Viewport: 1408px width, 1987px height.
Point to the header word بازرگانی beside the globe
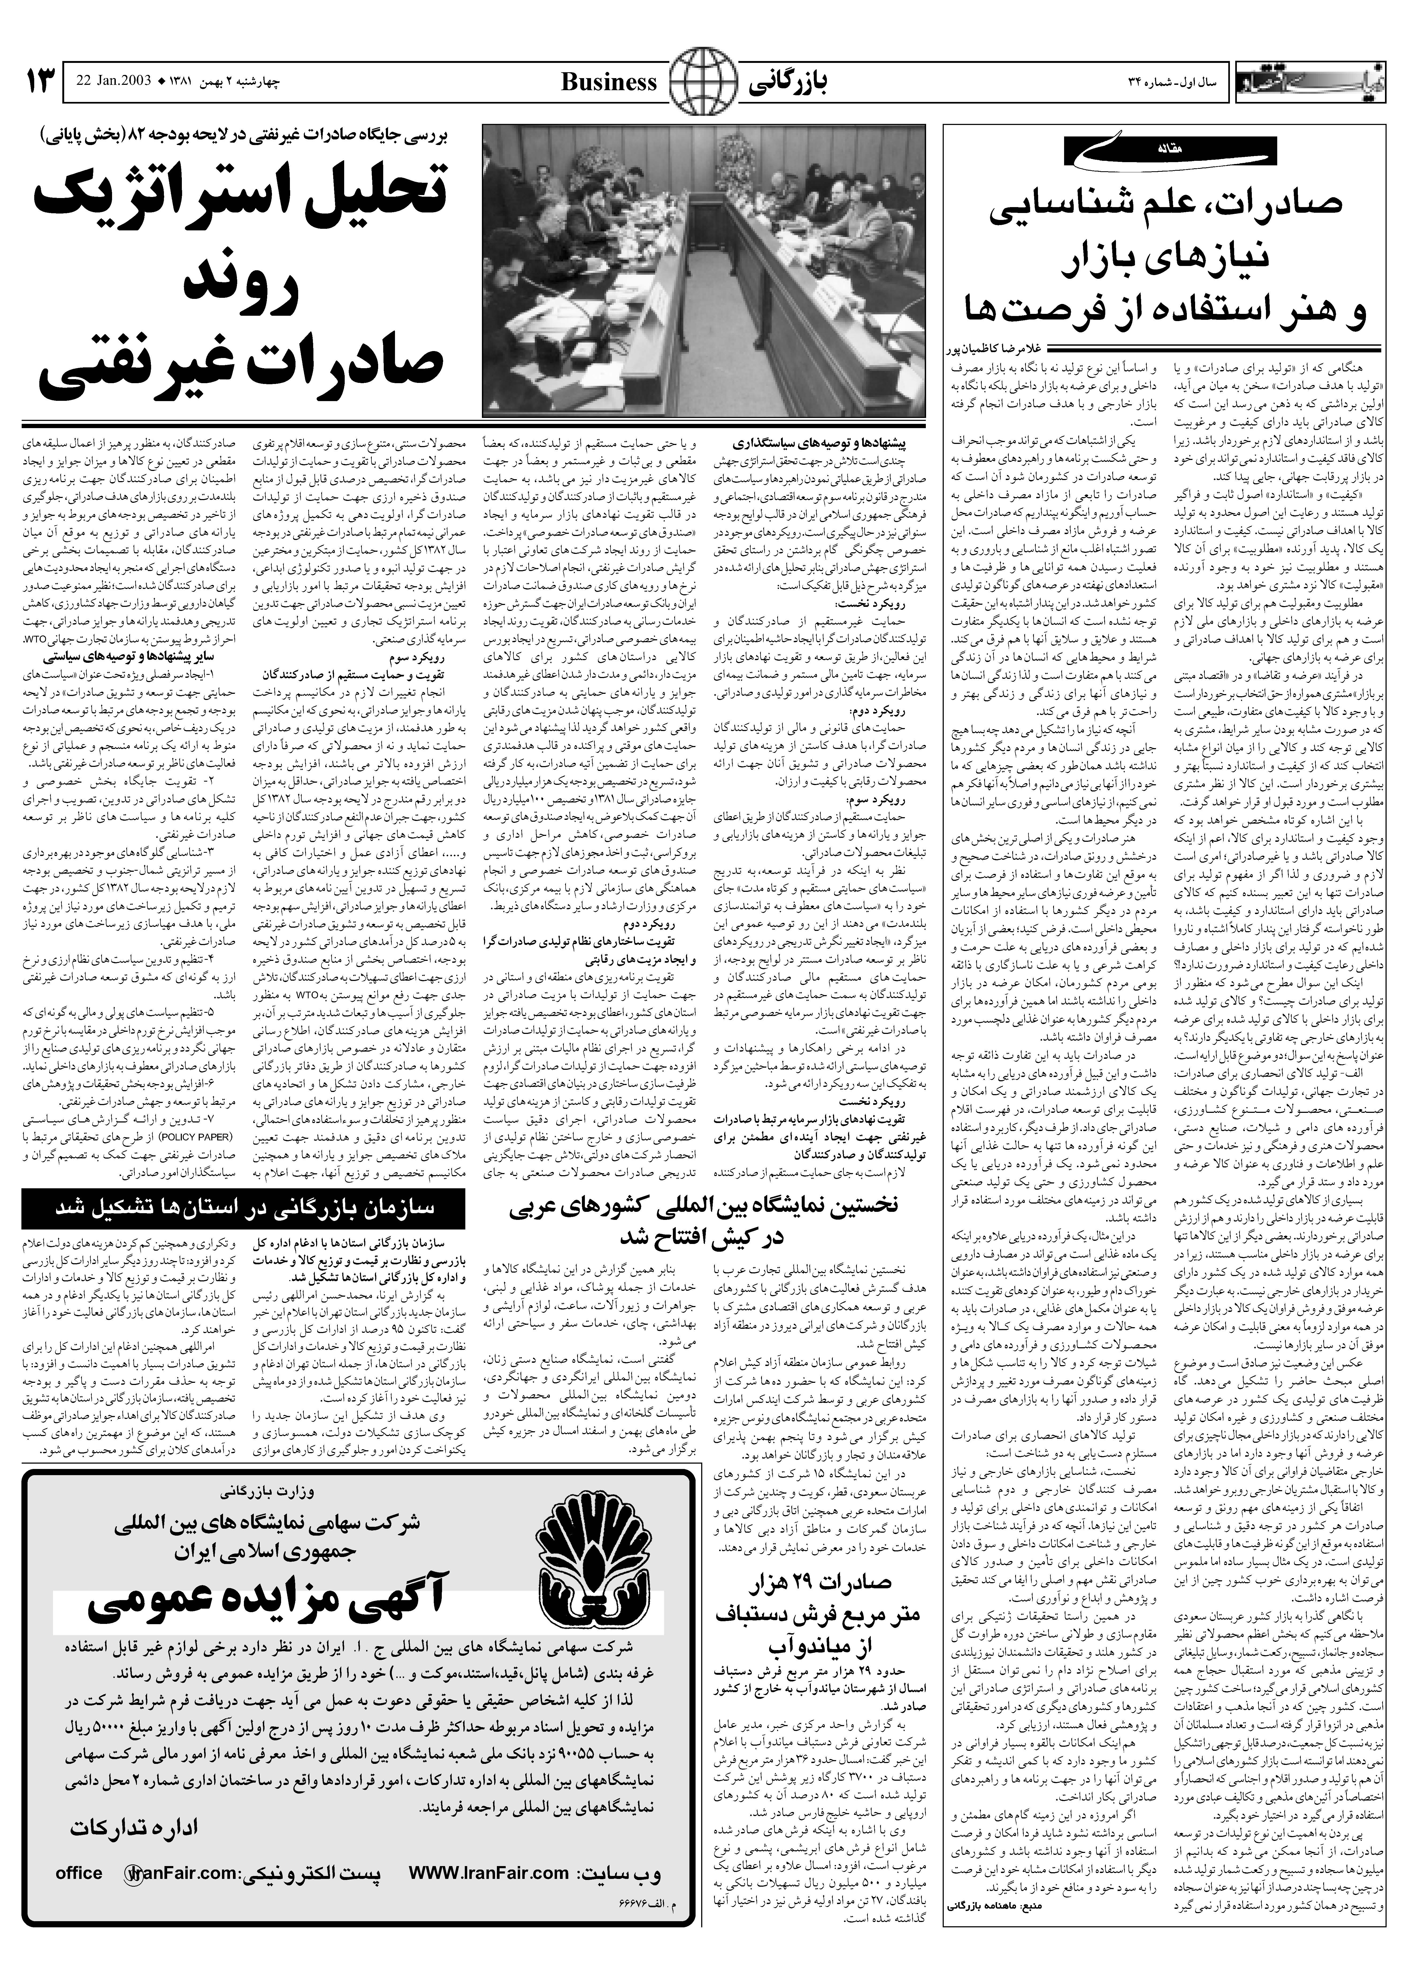[x=787, y=82]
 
